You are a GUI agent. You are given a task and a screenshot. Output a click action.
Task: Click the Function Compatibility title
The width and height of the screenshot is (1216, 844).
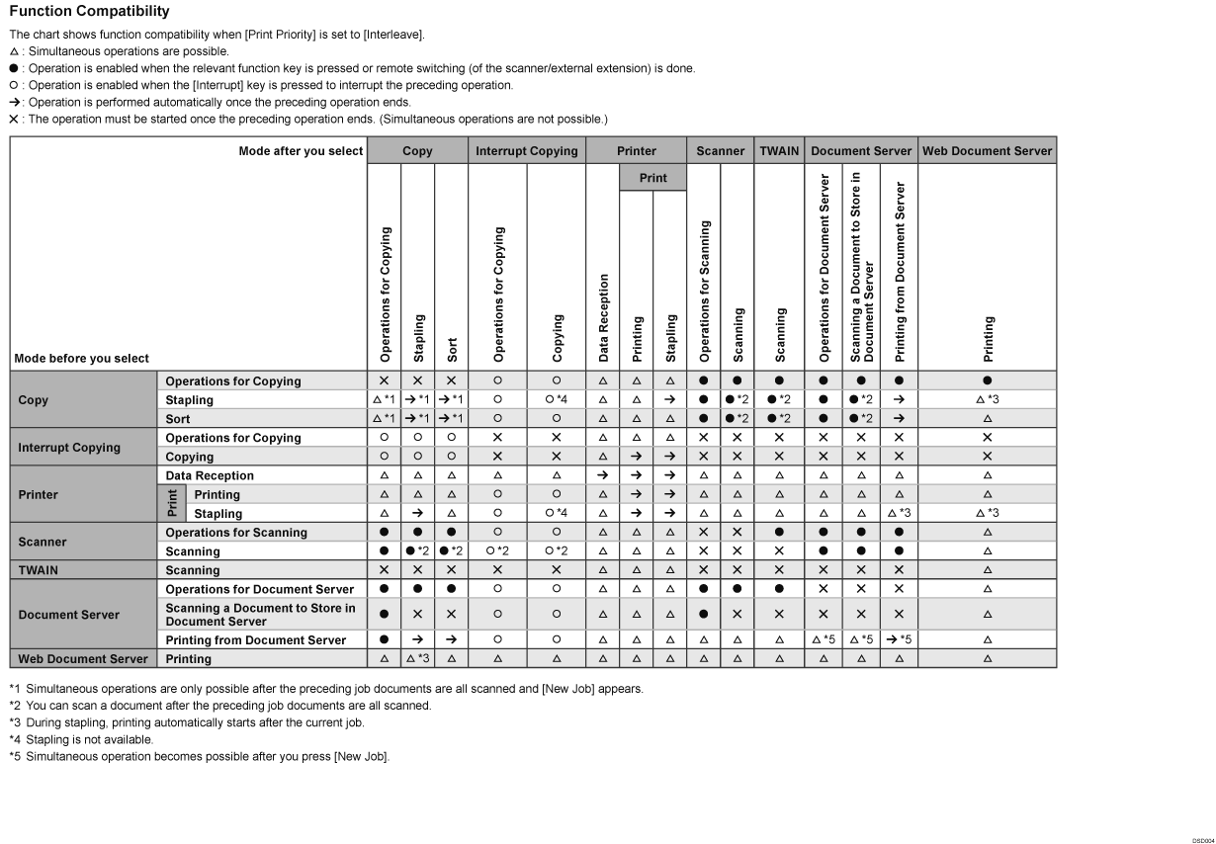pyautogui.click(x=88, y=12)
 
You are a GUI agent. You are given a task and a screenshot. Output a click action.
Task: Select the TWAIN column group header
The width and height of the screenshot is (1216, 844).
pyautogui.click(x=780, y=151)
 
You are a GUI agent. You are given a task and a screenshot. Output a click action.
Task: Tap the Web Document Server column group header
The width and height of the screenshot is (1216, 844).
pyautogui.click(x=987, y=151)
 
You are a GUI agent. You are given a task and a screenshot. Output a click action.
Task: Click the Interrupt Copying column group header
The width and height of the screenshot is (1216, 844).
pyautogui.click(x=526, y=151)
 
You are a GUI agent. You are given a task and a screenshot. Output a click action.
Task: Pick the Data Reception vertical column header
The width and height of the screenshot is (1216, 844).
pyautogui.click(x=603, y=316)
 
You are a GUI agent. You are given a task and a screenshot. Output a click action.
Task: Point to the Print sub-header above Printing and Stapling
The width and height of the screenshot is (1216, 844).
pyautogui.click(x=652, y=178)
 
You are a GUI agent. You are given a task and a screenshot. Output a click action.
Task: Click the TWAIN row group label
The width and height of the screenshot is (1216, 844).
pyautogui.click(x=38, y=570)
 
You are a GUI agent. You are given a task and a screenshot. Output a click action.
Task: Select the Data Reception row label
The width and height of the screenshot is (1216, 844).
pyautogui.click(x=210, y=476)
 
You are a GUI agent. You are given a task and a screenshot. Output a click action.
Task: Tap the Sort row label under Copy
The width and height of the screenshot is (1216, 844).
pyautogui.click(x=178, y=419)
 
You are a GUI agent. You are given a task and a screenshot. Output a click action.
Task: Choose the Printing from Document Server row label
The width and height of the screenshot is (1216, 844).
pyautogui.click(x=256, y=640)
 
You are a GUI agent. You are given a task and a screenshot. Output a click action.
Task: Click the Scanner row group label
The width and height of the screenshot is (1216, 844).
pyautogui.click(x=43, y=542)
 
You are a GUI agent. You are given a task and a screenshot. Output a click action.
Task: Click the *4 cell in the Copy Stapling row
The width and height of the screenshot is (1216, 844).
pyautogui.click(x=557, y=400)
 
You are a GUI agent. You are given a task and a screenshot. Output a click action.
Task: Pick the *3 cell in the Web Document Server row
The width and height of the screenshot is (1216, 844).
pyautogui.click(x=417, y=659)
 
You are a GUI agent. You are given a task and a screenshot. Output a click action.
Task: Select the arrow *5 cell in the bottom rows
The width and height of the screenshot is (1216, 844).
pyautogui.click(x=899, y=640)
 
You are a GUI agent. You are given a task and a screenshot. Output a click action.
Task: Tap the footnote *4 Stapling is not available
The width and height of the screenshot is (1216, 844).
pyautogui.click(x=81, y=739)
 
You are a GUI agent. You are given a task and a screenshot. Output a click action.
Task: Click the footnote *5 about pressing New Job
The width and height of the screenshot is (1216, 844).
pyautogui.click(x=199, y=757)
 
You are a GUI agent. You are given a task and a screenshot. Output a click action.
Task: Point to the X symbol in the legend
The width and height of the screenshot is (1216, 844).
pyautogui.click(x=14, y=120)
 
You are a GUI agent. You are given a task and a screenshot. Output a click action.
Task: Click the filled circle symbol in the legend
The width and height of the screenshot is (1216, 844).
pyautogui.click(x=14, y=69)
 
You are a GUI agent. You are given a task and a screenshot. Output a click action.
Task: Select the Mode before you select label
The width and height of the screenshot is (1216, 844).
pyautogui.click(x=82, y=358)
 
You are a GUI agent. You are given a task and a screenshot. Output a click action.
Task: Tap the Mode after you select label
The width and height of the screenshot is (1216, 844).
pyautogui.click(x=301, y=151)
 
